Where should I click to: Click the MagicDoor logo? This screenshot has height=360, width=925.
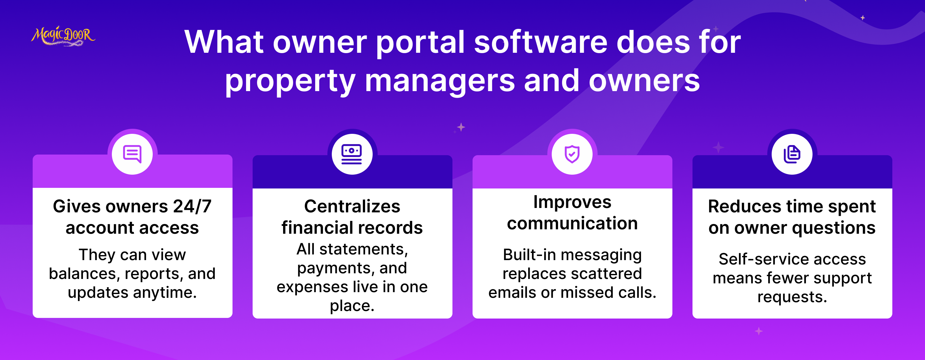pyautogui.click(x=63, y=36)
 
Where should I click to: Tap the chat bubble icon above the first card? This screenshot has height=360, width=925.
pyautogui.click(x=132, y=154)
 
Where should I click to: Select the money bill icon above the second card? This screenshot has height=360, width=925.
pyautogui.click(x=352, y=154)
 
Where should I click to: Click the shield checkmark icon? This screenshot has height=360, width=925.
pyautogui.click(x=572, y=154)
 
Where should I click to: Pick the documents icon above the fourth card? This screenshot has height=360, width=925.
pyautogui.click(x=792, y=154)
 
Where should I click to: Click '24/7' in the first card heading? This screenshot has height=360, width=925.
pyautogui.click(x=193, y=206)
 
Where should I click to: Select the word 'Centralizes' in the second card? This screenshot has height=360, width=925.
pyautogui.click(x=352, y=206)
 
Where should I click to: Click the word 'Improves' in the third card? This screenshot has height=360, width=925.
pyautogui.click(x=572, y=202)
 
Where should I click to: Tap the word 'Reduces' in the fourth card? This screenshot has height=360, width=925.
pyautogui.click(x=744, y=206)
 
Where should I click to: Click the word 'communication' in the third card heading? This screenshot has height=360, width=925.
pyautogui.click(x=572, y=223)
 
